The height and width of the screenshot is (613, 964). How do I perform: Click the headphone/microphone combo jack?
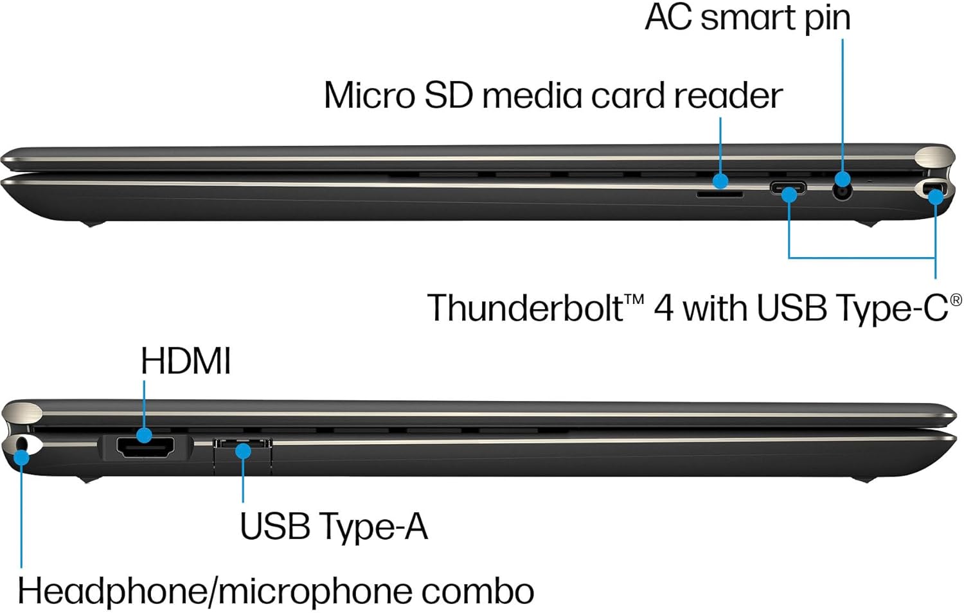tap(23, 444)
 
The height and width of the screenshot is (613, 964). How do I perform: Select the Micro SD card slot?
tap(720, 193)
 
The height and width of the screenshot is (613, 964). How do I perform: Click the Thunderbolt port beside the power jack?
tap(788, 189)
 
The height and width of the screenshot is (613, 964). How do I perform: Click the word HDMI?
tap(186, 360)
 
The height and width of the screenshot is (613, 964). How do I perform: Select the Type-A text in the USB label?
tap(373, 526)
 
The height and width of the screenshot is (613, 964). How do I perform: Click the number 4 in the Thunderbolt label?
tap(664, 308)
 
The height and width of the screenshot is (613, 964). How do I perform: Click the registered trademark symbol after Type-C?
tap(956, 299)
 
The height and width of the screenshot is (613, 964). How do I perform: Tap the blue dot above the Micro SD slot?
tap(720, 181)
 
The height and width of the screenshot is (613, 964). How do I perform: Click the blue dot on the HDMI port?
tap(145, 435)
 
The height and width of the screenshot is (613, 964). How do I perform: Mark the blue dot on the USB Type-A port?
tap(243, 451)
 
